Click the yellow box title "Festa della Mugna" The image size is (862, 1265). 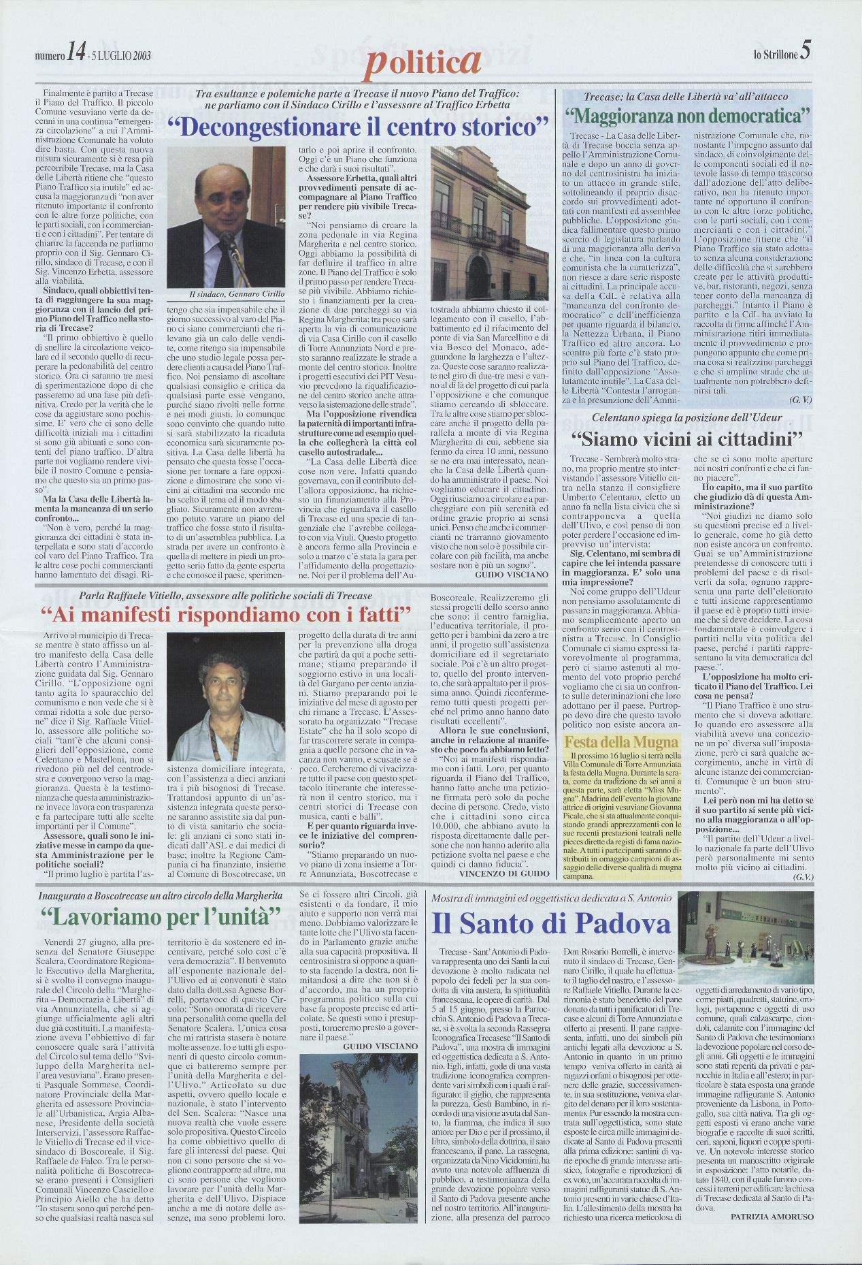622,741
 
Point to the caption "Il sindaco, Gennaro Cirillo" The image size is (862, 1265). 226,293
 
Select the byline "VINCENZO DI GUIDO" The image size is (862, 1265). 503,873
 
